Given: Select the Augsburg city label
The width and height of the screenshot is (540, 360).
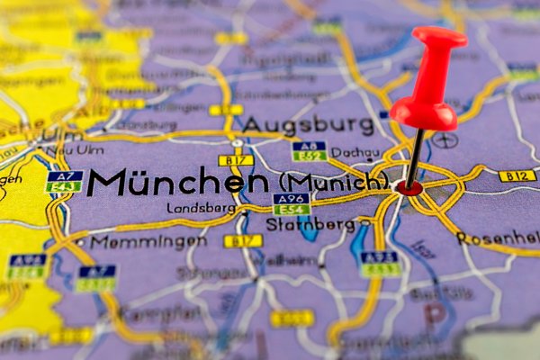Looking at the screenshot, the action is tap(308, 123).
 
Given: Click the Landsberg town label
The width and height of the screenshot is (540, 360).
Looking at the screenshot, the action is tap(201, 208).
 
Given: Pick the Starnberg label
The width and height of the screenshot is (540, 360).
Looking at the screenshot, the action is tap(323, 223).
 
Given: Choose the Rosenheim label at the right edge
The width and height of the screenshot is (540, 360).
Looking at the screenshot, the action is tap(499, 238).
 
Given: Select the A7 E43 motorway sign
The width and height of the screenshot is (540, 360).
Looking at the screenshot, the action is tap(64, 181).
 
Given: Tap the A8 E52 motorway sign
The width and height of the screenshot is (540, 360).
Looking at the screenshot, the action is tap(309, 150).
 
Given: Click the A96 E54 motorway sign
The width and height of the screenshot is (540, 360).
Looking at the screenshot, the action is tap(291, 203).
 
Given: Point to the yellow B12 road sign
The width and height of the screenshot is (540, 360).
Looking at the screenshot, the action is tap(517, 175).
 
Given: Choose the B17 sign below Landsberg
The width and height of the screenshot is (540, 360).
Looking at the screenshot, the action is tap(242, 240).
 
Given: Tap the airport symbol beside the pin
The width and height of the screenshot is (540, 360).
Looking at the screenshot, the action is tap(445, 140).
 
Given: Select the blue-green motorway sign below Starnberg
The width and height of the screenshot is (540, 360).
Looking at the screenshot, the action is tap(379, 263).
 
